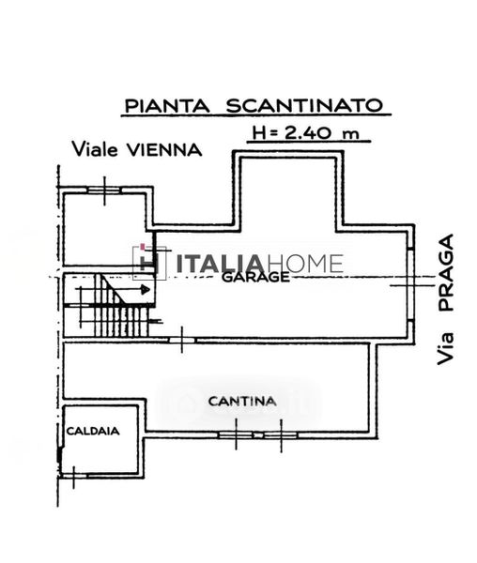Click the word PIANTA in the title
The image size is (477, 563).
pos(167,105)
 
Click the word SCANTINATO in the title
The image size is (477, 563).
pos(304,105)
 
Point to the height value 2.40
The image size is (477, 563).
pos(308,133)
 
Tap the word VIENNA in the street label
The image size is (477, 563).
pos(165,150)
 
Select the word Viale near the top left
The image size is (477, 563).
pos(95,149)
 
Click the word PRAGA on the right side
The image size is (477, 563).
pos(446,272)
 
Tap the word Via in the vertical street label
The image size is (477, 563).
pos(446,349)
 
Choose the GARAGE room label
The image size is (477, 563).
pos(255,277)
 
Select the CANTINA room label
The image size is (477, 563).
pos(242,401)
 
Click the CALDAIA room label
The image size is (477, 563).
pos(93,431)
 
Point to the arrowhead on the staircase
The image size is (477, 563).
pos(146,289)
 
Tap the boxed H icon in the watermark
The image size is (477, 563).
pos(150,263)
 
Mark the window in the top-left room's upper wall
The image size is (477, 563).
pos(104,190)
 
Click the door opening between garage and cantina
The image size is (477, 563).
pos(182,340)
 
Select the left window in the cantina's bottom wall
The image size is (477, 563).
pos(236,434)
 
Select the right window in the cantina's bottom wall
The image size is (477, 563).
pos(281,434)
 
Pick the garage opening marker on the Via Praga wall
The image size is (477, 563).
pos(411,285)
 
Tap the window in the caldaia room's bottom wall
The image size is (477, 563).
pos(73,477)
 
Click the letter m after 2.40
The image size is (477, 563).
pos(351,134)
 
